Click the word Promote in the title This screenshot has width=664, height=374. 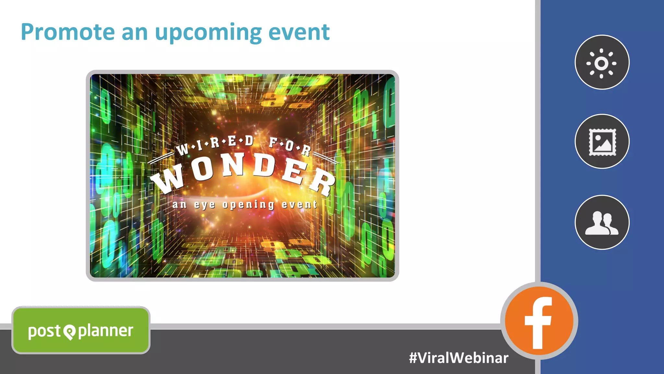[68, 32]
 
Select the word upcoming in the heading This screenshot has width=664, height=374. [208, 33]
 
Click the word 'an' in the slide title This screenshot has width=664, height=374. [135, 33]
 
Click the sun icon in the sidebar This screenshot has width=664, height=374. [601, 63]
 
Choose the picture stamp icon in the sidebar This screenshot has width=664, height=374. [602, 142]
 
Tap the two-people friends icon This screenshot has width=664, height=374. [602, 223]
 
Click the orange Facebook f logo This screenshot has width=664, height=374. [539, 321]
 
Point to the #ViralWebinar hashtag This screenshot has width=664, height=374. [458, 358]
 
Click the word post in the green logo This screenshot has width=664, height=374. [44, 331]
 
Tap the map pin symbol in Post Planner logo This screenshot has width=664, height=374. [69, 332]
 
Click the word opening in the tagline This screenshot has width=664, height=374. [249, 205]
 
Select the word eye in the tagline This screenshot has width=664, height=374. [204, 205]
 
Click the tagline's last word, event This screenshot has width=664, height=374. [299, 204]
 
